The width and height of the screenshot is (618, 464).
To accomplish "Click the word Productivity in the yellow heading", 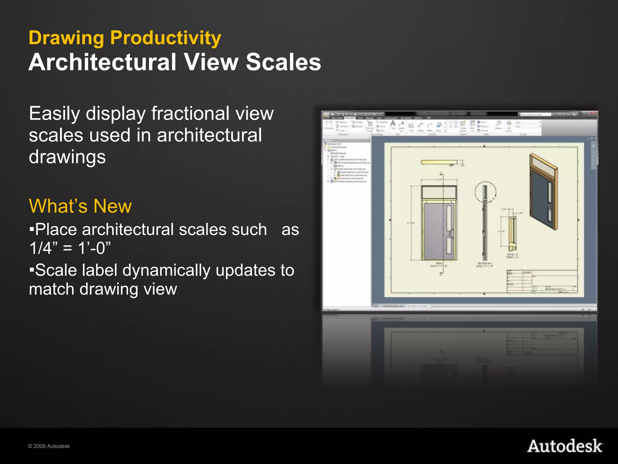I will tap(165, 38).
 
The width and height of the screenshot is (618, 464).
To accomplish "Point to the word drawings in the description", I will tap(67, 157).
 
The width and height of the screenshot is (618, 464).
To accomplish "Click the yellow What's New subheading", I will tap(80, 206).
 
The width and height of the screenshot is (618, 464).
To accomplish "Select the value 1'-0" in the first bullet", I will tap(94, 248).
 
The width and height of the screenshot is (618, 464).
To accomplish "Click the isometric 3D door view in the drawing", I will tap(543, 192).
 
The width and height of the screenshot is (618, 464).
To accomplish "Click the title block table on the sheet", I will tap(542, 282).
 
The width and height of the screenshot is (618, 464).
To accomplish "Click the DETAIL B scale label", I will tap(512, 256).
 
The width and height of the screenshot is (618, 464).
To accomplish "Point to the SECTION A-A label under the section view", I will tap(484, 265).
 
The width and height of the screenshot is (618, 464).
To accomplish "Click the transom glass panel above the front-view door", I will tap(439, 192).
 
